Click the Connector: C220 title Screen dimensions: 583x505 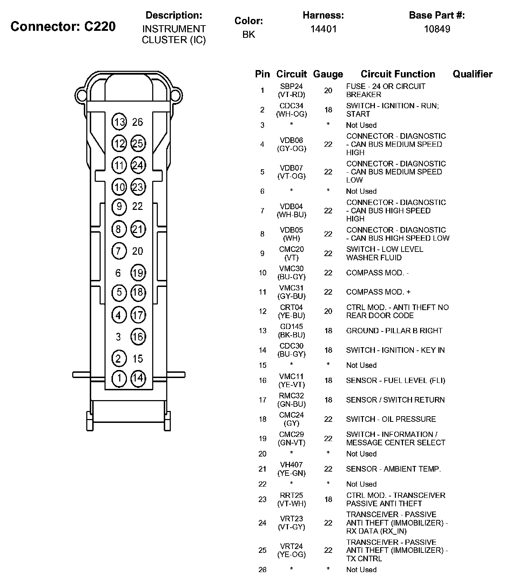63,26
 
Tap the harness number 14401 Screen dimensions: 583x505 323,29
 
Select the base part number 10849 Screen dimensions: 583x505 437,29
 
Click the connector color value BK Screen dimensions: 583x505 249,34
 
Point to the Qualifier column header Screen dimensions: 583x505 472,74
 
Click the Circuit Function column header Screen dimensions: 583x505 398,74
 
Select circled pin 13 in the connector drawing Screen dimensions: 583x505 119,122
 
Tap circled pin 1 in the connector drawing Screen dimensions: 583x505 119,378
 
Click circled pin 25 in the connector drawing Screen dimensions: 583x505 138,143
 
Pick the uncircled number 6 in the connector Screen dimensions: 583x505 118,273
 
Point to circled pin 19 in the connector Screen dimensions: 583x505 138,273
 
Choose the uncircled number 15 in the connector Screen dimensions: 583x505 138,358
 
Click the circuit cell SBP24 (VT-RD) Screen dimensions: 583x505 291,90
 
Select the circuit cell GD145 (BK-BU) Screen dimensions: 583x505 291,331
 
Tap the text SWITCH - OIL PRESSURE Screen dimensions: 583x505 391,419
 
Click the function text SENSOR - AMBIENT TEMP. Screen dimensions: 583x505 393,469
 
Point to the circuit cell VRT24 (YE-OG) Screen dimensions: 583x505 291,550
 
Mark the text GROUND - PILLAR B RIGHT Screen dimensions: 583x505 394,331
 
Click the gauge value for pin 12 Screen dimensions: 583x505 328,311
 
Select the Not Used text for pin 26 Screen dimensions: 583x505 361,570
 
